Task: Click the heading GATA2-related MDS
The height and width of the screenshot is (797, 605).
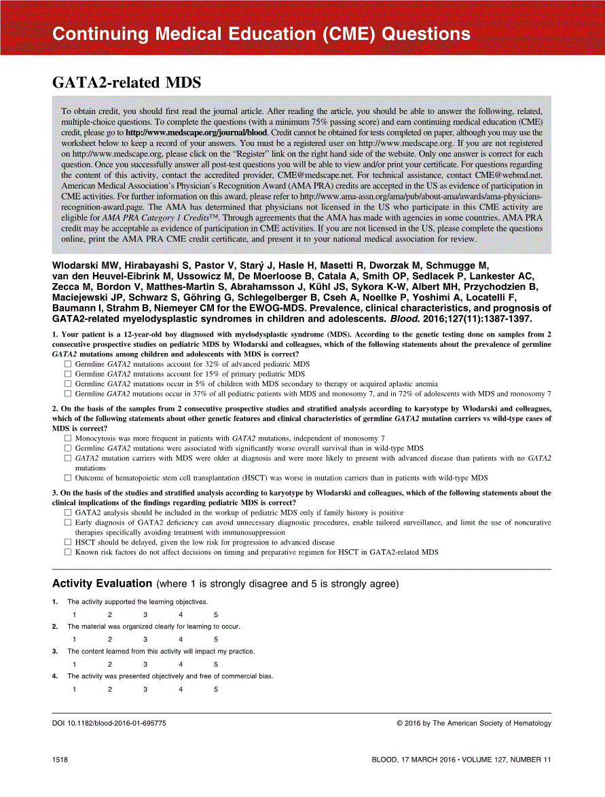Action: [127, 83]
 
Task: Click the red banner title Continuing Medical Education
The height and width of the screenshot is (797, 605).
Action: [261, 34]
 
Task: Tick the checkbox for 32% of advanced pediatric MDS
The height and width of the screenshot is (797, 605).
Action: [68, 364]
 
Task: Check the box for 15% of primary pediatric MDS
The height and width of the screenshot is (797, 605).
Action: [68, 373]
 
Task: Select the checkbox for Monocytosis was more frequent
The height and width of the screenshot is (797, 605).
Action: [68, 439]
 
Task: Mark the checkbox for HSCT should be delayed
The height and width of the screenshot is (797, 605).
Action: [68, 542]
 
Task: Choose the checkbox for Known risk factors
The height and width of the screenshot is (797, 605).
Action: [68, 552]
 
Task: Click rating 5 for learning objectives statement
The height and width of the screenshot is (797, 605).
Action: [216, 615]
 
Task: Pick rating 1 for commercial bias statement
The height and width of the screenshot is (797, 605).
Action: [75, 689]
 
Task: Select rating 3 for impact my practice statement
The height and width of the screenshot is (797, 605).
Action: [145, 665]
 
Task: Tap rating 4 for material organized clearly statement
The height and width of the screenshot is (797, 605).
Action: [181, 640]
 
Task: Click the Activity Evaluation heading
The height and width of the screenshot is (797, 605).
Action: [102, 583]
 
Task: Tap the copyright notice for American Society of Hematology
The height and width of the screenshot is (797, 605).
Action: [474, 724]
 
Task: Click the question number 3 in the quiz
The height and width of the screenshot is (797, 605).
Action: [54, 493]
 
